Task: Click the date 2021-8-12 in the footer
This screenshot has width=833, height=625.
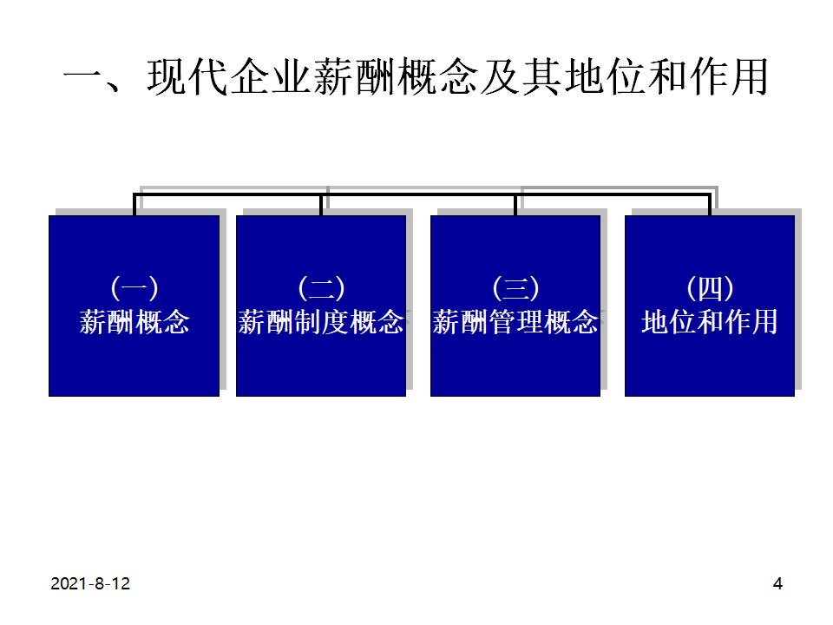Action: pos(90,584)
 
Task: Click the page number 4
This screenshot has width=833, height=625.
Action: pos(777,584)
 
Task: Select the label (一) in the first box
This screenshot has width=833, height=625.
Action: pos(134,286)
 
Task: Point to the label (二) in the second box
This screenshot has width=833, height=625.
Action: pos(321,286)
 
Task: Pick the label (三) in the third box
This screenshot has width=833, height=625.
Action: pos(515,286)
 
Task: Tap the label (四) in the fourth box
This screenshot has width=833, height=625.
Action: pos(710,286)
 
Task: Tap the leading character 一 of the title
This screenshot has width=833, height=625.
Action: pos(85,78)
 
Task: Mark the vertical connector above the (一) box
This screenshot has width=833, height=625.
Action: pos(134,204)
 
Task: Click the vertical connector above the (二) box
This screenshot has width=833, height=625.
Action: pos(321,204)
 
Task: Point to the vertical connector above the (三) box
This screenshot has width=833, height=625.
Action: pos(515,204)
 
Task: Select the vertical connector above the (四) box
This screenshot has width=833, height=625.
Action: pos(710,204)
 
